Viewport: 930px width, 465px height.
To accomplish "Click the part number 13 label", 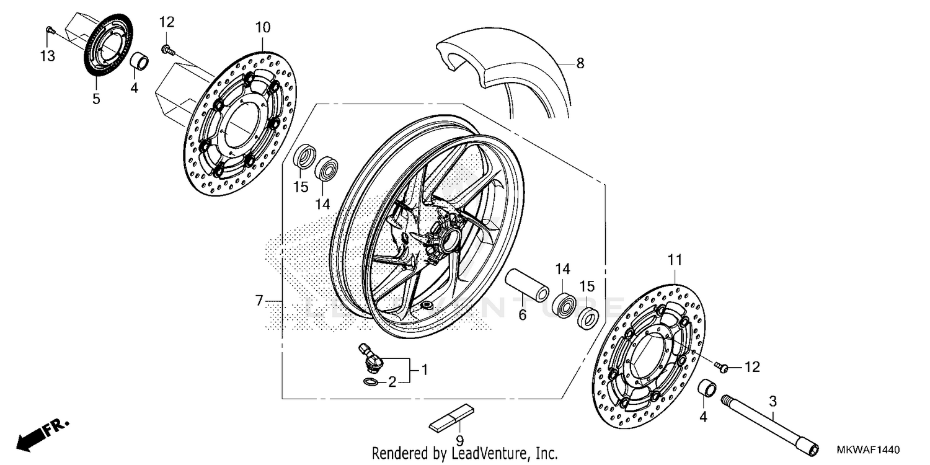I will pos(48,56).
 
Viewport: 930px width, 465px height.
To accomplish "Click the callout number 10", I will pos(262,28).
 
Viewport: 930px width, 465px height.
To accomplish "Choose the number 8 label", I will pos(580,63).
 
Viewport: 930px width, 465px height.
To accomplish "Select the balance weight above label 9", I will pos(454,417).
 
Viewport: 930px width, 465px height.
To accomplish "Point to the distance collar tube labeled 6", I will pos(527,284).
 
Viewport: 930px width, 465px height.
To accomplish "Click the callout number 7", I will pos(260,301).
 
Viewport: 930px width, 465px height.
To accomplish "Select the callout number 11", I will pos(675,259).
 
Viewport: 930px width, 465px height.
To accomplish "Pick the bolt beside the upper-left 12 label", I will pos(166,48).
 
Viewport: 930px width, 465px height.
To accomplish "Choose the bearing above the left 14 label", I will pos(327,169).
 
